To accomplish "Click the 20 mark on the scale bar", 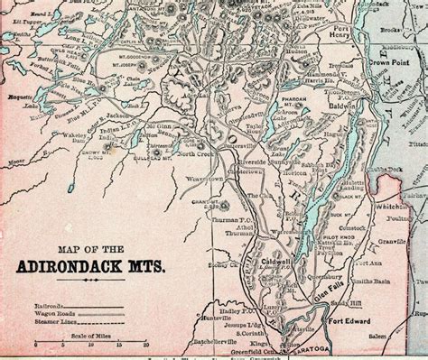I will click(144, 345).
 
